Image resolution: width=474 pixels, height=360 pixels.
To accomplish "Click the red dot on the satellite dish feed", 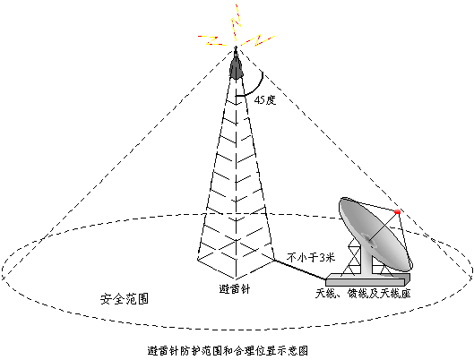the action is (398, 211).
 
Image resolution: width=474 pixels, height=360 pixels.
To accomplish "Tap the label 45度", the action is (265, 100).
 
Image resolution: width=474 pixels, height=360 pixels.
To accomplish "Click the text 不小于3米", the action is (311, 258).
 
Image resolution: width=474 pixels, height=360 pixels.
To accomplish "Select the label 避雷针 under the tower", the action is (235, 289).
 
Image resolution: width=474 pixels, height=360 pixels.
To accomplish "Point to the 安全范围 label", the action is (125, 299).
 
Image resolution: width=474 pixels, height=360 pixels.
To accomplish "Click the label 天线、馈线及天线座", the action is (363, 293).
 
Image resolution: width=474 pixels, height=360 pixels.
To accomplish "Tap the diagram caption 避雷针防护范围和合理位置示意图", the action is (228, 351).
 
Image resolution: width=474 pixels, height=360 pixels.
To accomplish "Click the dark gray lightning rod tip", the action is (236, 66).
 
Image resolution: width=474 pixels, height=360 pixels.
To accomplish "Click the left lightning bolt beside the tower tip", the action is (211, 41).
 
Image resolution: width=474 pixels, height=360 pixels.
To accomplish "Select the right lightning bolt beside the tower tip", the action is (258, 39).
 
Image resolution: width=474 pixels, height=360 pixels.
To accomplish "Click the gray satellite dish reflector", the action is (375, 234).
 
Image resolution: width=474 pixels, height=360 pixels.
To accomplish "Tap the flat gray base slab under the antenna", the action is (368, 280).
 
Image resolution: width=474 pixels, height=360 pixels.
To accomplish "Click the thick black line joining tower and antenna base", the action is (299, 270).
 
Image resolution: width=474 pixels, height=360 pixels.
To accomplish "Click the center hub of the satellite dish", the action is (369, 241).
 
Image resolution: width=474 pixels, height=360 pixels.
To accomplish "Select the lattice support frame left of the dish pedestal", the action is (352, 257).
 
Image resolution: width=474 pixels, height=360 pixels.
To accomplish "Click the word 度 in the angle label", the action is (271, 100).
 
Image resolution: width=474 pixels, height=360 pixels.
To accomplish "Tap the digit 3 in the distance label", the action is (323, 258).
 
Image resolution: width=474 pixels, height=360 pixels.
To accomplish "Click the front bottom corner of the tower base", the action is (236, 279).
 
